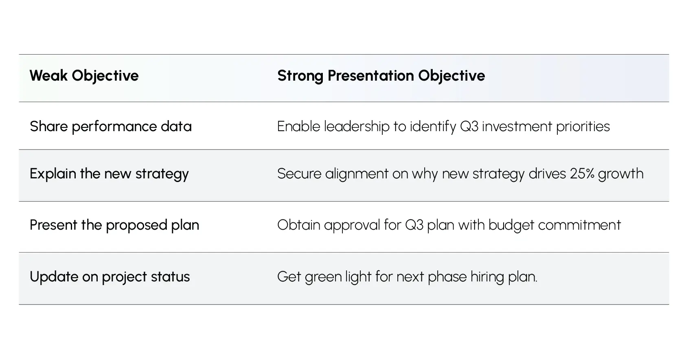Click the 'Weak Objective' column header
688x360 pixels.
84,76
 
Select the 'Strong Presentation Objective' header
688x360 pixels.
381,76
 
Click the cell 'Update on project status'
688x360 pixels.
110,277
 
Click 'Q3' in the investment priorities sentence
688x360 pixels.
469,127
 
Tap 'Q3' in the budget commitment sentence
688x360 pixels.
414,225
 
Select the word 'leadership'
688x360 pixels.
357,127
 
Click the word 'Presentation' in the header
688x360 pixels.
371,76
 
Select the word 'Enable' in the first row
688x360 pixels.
299,127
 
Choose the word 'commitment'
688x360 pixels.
580,225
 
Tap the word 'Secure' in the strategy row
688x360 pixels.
299,174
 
